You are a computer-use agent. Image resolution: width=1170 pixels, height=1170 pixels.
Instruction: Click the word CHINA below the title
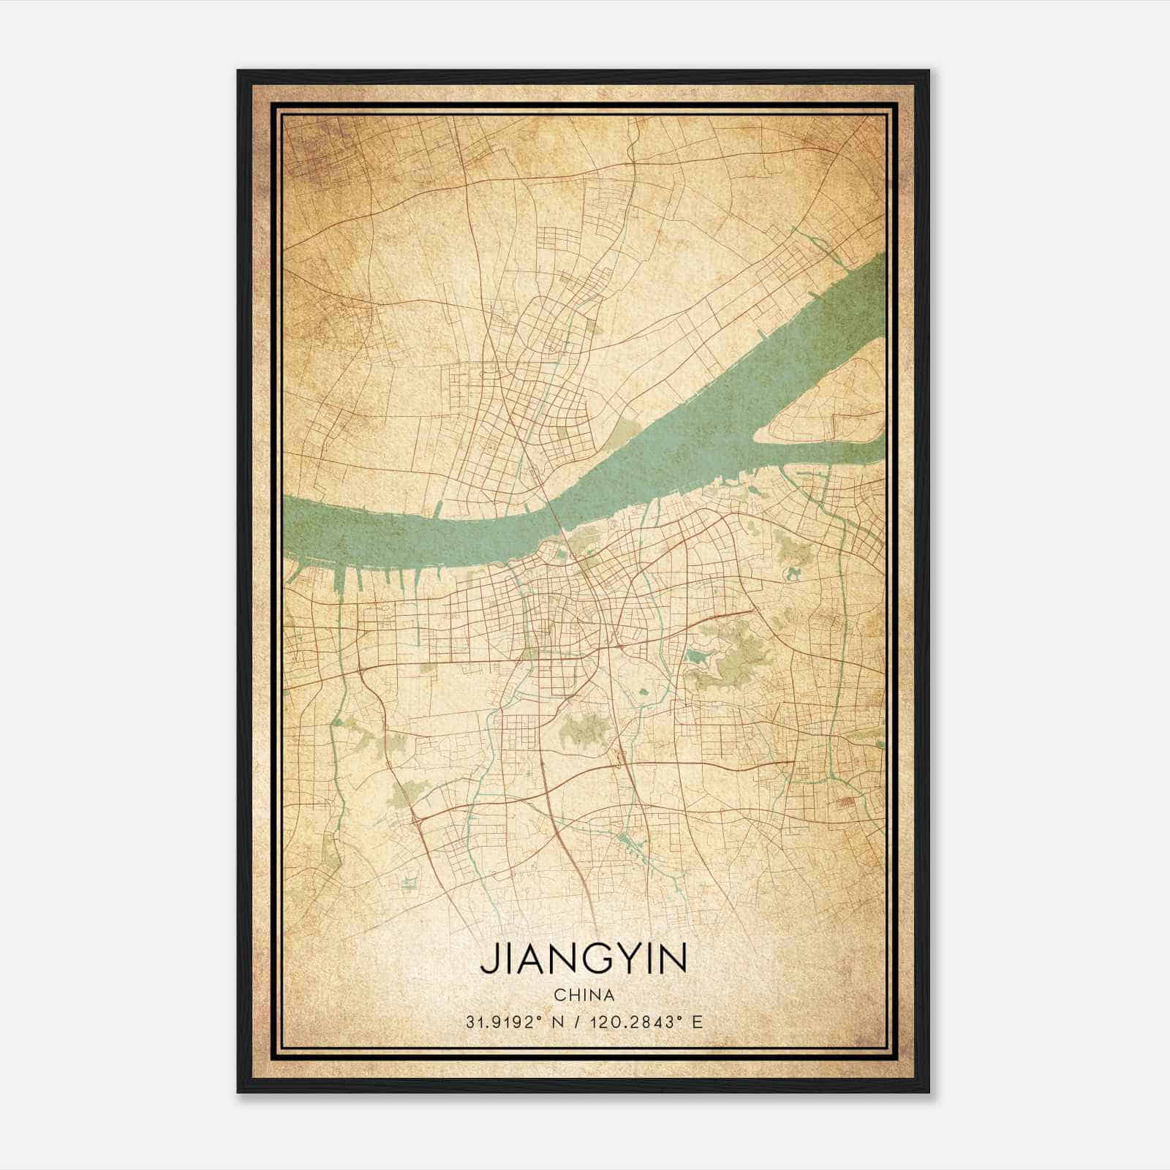[x=584, y=995]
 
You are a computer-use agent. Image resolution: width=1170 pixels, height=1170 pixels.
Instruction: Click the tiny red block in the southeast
[x=847, y=802]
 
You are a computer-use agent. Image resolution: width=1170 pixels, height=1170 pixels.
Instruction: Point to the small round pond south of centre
[x=643, y=691]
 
